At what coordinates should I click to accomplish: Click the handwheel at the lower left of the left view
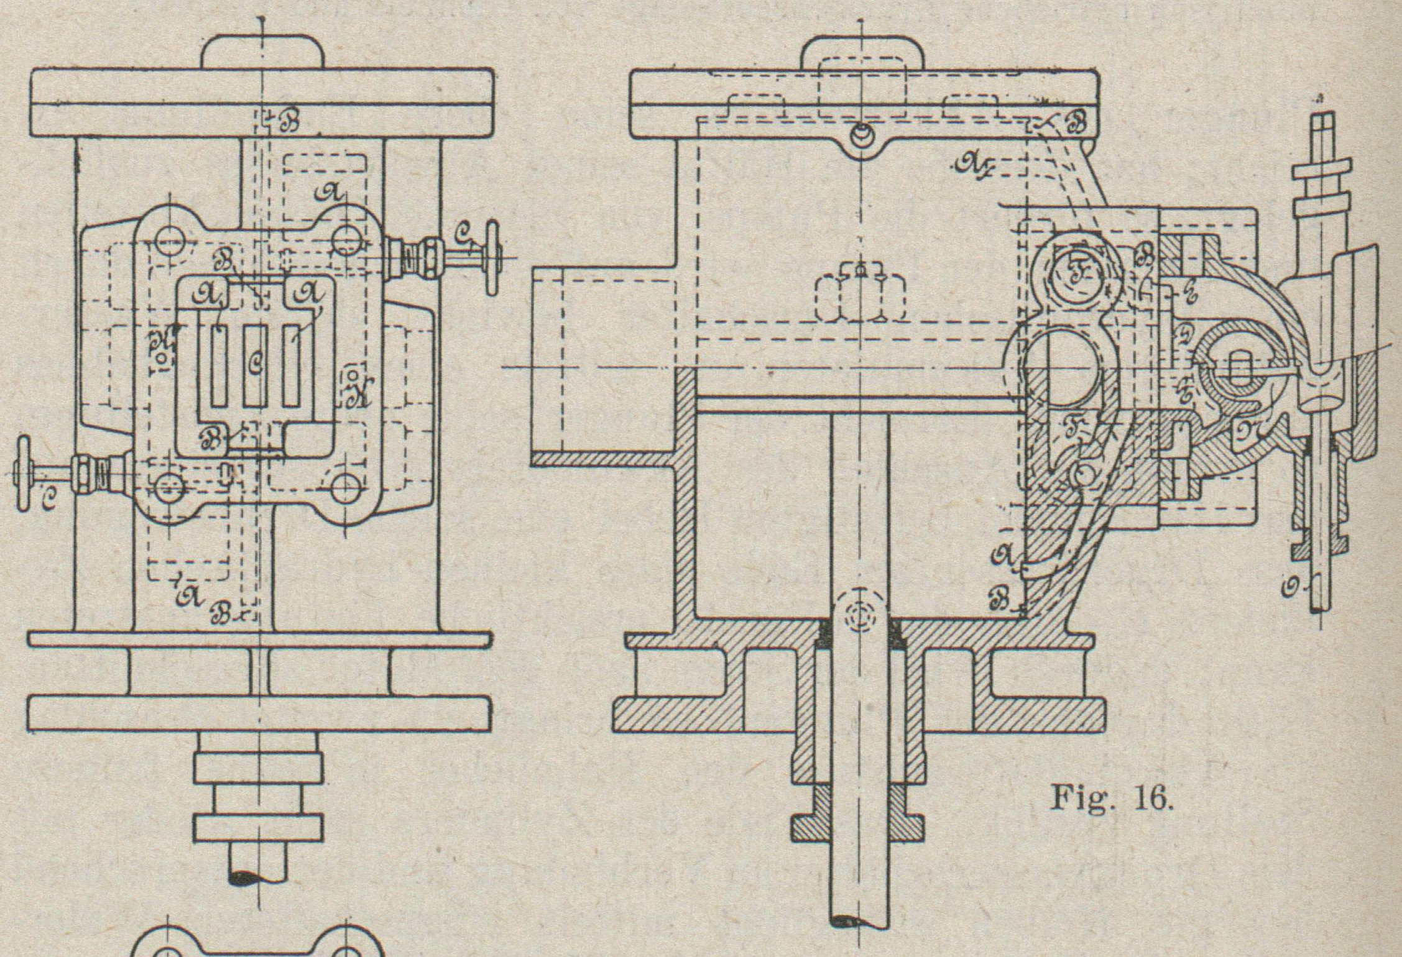24,474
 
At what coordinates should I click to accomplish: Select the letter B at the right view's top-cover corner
1074,124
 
